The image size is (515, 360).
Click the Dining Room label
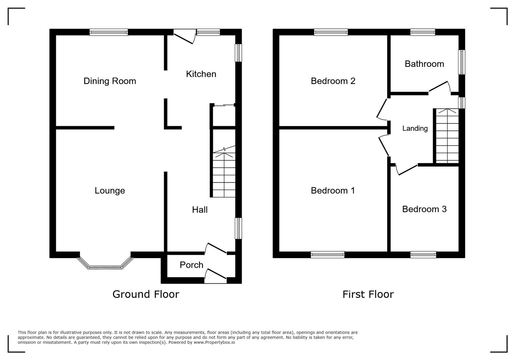point(110,81)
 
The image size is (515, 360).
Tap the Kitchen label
point(201,74)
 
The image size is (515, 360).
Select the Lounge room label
point(110,191)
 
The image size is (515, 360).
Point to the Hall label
point(199,210)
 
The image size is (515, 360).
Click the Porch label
point(191,265)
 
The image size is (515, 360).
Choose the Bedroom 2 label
point(333,81)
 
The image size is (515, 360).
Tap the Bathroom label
point(424,64)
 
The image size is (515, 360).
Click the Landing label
point(415,128)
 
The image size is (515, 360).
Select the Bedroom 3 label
point(424,209)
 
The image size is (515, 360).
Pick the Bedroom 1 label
point(333,191)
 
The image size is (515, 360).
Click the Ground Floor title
point(145,294)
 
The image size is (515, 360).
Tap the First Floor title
point(368,294)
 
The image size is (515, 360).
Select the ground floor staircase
point(224,173)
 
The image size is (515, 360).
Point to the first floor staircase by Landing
point(447,137)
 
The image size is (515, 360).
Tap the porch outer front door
point(215,277)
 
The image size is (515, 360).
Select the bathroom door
point(439,86)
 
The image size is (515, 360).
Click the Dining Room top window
point(108,32)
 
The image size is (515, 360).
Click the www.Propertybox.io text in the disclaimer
point(214,342)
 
